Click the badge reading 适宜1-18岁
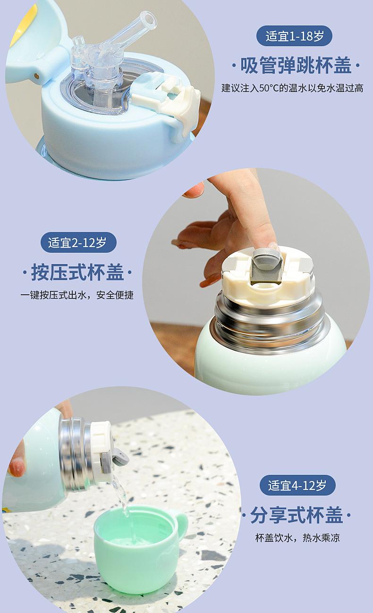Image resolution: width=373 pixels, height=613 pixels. pyautogui.click(x=294, y=36)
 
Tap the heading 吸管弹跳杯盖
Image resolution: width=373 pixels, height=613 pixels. pyautogui.click(x=296, y=66)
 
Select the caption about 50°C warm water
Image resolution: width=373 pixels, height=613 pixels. pyautogui.click(x=292, y=88)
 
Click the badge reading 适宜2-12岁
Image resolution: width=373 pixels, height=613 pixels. pyautogui.click(x=78, y=242)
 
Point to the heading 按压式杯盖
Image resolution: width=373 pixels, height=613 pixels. pyautogui.click(x=77, y=272)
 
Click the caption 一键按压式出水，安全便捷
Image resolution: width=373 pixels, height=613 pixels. pyautogui.click(x=77, y=295)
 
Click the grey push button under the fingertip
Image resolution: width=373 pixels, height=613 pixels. pyautogui.click(x=265, y=265)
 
